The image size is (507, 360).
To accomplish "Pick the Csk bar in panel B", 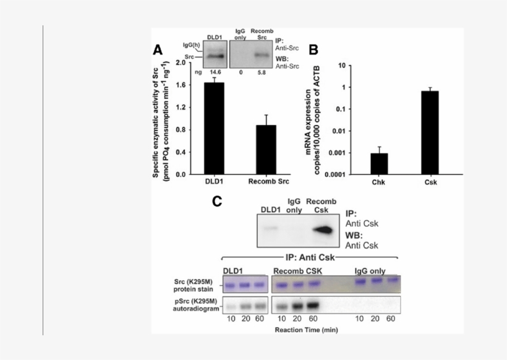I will (x=430, y=132).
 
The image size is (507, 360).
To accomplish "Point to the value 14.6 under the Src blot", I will (x=216, y=72).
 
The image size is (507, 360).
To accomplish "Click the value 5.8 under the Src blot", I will (x=262, y=72).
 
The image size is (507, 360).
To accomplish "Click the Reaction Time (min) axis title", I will (x=305, y=329).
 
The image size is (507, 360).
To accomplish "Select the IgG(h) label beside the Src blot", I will (x=192, y=45).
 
